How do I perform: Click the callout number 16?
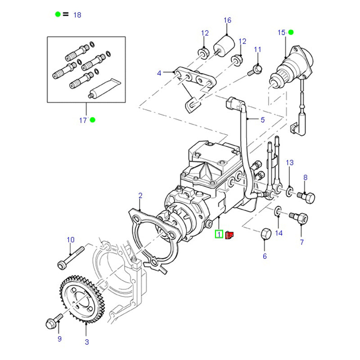227,20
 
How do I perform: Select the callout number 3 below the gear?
86,342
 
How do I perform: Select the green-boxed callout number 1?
219,234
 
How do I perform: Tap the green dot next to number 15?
291,32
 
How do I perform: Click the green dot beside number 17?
93,120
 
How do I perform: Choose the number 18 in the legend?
77,15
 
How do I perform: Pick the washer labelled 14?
278,210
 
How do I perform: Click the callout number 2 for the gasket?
140,195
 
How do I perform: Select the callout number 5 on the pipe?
262,119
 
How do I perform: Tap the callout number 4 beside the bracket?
159,73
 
